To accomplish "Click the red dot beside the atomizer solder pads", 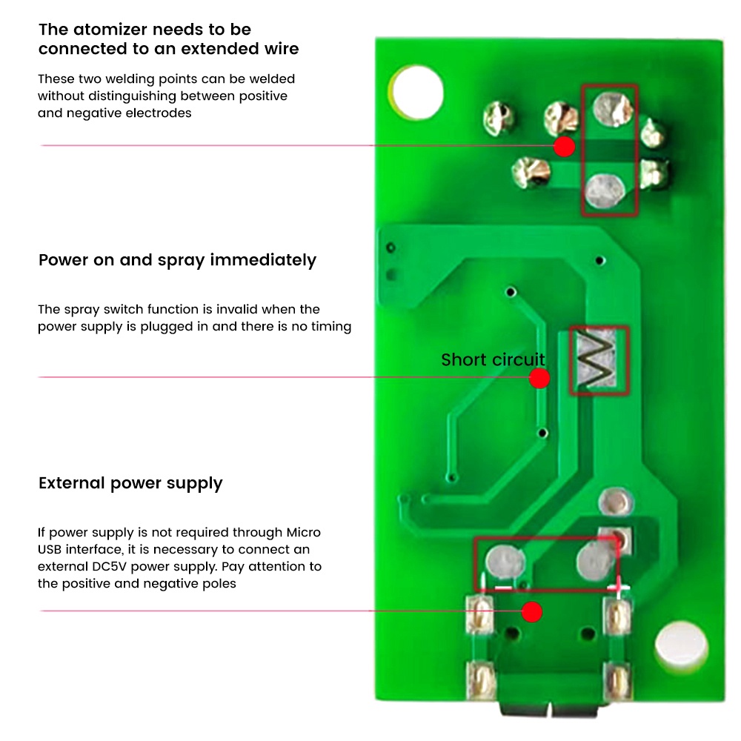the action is pos(564,147).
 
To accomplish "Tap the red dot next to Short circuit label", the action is pos(539,378).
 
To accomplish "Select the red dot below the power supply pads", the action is pos(531,612).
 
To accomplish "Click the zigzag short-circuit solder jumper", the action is pos(597,360).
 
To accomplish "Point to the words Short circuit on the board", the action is pos(493,359).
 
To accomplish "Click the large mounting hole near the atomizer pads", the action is pos(417,92).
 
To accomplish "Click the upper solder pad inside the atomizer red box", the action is pos(613,109).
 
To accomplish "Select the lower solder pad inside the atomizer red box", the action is pos(605,191).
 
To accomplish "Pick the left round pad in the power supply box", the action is pos(505,562).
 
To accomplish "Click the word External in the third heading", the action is pos(71,483).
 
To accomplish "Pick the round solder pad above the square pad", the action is pos(615,502).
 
